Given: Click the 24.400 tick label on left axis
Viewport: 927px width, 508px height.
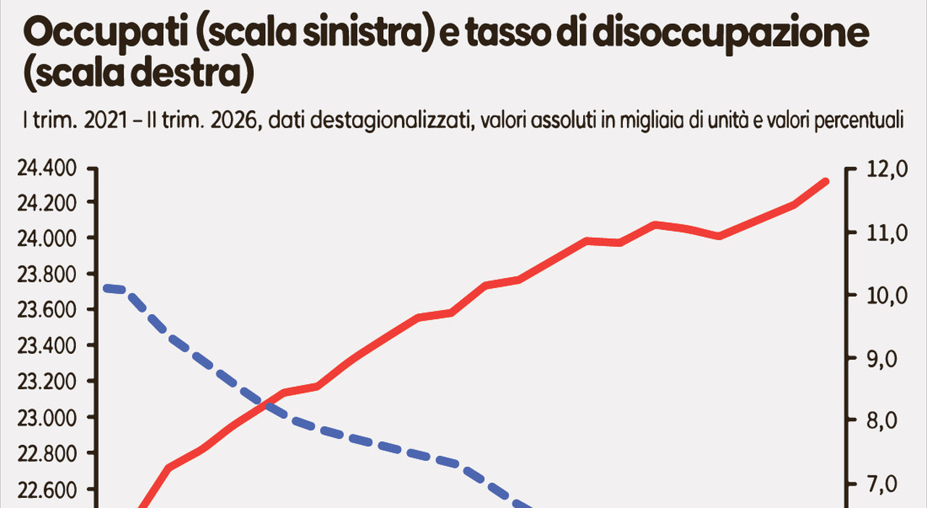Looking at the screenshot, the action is (47, 169).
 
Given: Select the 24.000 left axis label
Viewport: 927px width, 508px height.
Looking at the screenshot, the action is (47, 239).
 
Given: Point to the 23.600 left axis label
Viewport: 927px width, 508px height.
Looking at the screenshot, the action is (47, 310).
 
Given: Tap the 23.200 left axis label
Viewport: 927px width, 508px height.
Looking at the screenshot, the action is (47, 381).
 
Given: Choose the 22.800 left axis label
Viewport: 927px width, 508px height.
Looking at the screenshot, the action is (47, 454).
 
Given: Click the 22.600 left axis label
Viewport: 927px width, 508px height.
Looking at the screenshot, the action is (47, 490).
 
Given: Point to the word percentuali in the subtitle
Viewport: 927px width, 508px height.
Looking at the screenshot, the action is (859, 121).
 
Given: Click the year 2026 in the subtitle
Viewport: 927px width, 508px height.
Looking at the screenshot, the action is (235, 120).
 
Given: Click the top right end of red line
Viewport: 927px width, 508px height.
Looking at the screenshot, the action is (825, 181).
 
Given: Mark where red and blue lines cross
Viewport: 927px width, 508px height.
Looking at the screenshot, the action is (263, 403).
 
